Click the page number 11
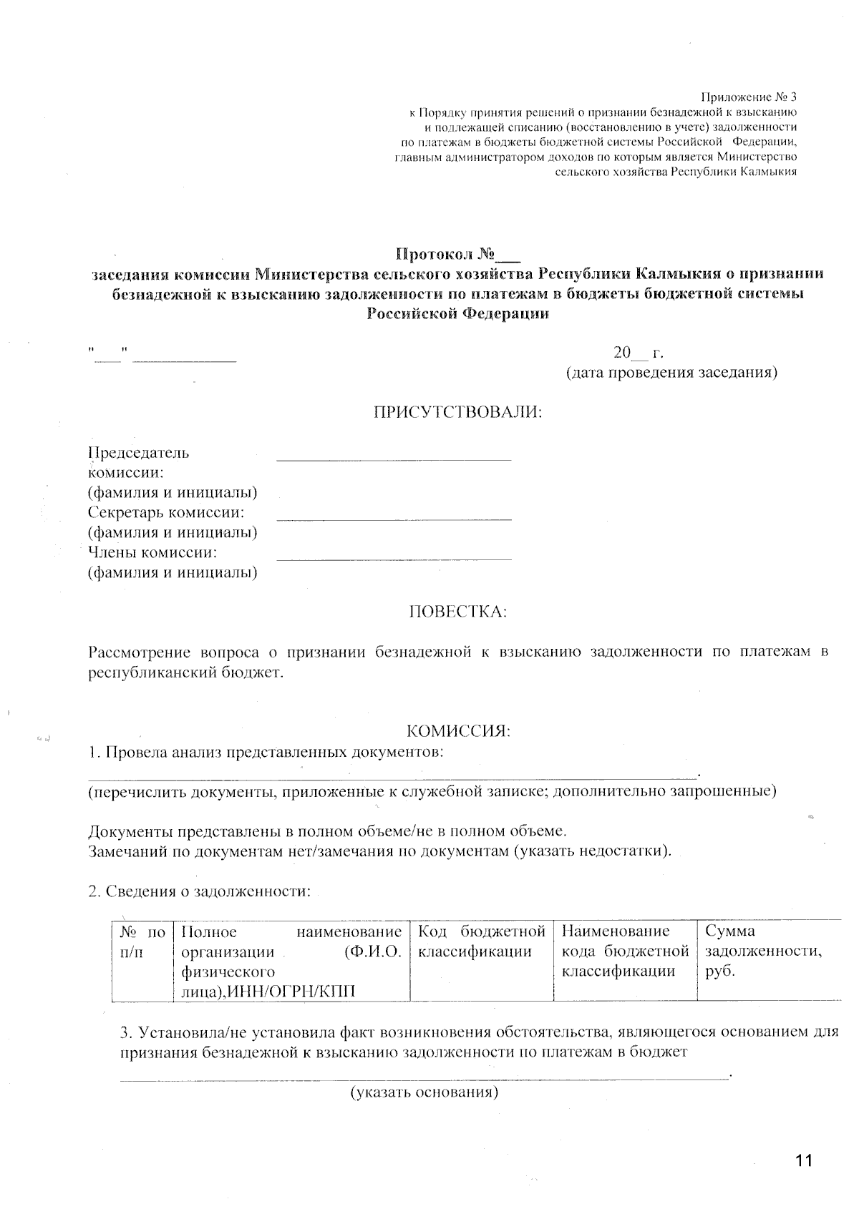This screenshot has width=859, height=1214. (x=804, y=1160)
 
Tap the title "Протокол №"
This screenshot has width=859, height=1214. (x=458, y=254)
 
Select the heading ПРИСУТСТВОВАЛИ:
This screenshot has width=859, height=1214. (x=458, y=412)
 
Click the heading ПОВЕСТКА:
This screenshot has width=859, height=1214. (x=457, y=612)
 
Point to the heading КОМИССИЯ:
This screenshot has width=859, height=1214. (x=458, y=731)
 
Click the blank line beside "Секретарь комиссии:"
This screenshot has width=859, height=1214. (x=394, y=517)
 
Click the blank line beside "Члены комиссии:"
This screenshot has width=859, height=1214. (x=394, y=557)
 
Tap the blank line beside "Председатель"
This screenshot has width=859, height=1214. (x=394, y=459)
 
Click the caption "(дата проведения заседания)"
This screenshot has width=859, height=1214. (x=671, y=373)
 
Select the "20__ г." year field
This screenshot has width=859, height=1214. (x=639, y=353)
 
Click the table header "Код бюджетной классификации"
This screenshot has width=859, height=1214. (x=481, y=941)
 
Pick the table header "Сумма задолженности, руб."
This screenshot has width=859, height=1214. (x=763, y=951)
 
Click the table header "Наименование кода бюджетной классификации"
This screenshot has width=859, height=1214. (x=625, y=951)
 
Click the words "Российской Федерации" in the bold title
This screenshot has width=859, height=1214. (x=458, y=314)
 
